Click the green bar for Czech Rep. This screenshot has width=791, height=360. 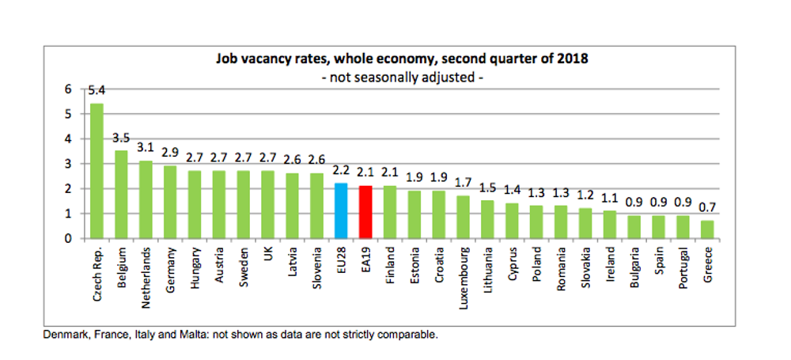(97, 171)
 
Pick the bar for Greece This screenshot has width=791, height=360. (707, 229)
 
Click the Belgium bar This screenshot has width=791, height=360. (122, 195)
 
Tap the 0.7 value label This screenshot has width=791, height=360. (707, 208)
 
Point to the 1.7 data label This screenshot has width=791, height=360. (464, 184)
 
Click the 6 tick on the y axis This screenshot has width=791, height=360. (68, 89)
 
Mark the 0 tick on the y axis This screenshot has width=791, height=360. (68, 238)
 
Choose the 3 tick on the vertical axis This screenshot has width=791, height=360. (68, 164)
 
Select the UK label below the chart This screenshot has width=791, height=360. (269, 255)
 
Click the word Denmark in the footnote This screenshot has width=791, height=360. (62, 335)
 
